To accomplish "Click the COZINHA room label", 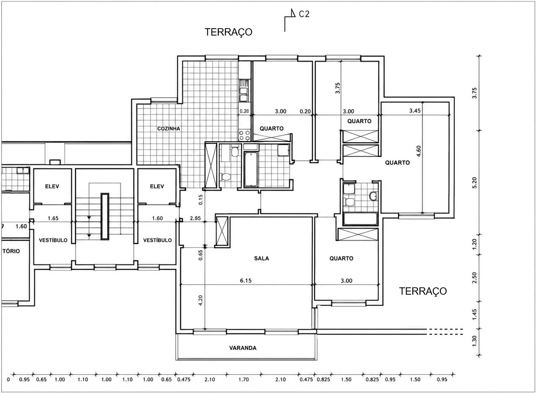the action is pyautogui.click(x=168, y=129).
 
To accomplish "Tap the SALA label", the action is pyautogui.click(x=261, y=258).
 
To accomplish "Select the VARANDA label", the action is pyautogui.click(x=243, y=348).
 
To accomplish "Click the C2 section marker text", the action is pyautogui.click(x=304, y=14).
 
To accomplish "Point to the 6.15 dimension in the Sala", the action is pyautogui.click(x=246, y=280).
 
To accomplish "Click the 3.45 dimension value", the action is pyautogui.click(x=415, y=111).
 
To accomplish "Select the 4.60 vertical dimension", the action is pyautogui.click(x=418, y=151).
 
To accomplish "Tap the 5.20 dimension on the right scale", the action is pyautogui.click(x=475, y=183).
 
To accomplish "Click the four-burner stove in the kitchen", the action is pyautogui.click(x=244, y=135).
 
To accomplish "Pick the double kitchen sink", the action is pyautogui.click(x=244, y=91).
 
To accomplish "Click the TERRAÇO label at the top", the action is pyautogui.click(x=228, y=32).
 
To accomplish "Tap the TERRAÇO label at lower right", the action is pyautogui.click(x=422, y=291).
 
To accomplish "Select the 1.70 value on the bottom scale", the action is pyautogui.click(x=244, y=379).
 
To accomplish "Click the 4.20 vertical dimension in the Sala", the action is pyautogui.click(x=200, y=301).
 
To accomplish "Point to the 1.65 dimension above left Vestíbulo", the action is pyautogui.click(x=53, y=218).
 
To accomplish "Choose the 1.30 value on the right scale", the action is pyautogui.click(x=475, y=341).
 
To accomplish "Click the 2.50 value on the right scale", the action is pyautogui.click(x=475, y=278).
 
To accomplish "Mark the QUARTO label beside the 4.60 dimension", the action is pyautogui.click(x=397, y=163).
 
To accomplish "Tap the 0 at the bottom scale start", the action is pyautogui.click(x=8, y=380).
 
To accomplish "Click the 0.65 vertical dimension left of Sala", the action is pyautogui.click(x=200, y=255).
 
